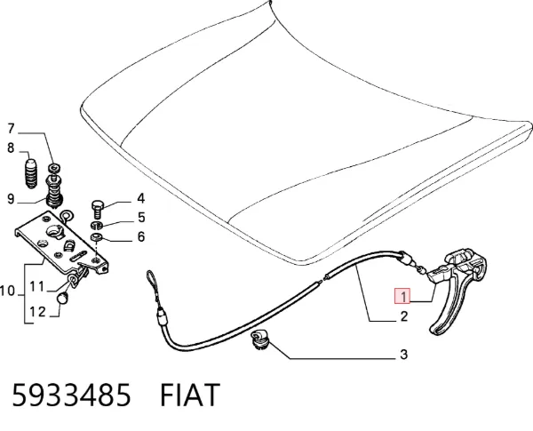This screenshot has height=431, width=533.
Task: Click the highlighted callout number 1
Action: [402, 296]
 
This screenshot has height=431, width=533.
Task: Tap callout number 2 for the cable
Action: [403, 316]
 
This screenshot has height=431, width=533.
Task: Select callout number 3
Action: [403, 355]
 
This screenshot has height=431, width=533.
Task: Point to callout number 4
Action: [140, 198]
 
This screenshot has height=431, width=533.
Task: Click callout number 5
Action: [141, 218]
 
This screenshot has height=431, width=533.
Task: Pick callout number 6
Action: [141, 236]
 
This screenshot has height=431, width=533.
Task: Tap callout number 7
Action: [12, 129]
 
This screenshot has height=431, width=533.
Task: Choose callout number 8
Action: [11, 148]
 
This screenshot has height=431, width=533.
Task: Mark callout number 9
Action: [11, 199]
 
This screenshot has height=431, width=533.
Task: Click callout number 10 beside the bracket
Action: [7, 291]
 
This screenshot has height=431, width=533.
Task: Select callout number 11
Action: [37, 287]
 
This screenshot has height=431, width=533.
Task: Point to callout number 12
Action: [37, 312]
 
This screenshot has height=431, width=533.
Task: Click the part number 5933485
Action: [71, 395]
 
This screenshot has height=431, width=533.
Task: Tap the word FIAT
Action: [190, 395]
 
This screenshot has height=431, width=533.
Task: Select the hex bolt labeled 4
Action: [97, 210]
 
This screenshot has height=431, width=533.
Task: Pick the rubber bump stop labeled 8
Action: [32, 173]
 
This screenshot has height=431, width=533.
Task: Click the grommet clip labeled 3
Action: [259, 339]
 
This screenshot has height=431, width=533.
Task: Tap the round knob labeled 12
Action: [62, 299]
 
